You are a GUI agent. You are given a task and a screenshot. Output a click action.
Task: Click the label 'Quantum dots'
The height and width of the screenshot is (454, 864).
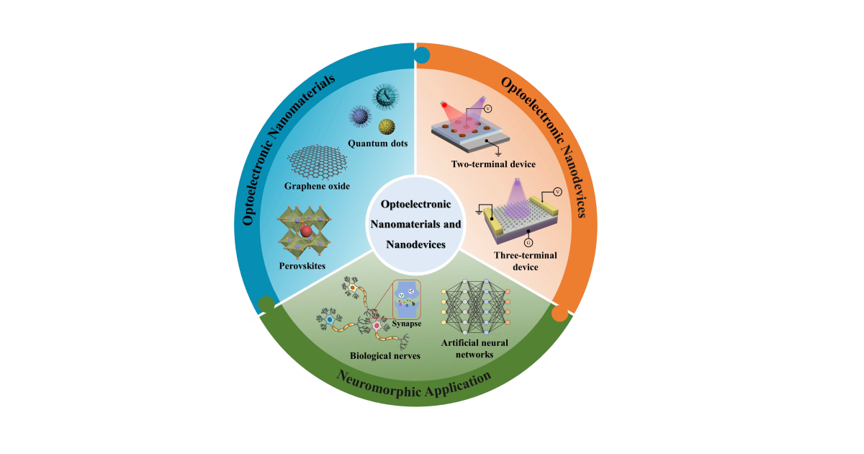378,143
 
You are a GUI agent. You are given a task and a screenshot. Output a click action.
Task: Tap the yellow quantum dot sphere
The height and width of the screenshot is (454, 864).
387,127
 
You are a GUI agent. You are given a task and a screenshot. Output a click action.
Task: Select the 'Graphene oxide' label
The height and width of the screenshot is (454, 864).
318,186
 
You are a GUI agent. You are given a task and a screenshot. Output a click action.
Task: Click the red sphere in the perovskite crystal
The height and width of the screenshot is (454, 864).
306,231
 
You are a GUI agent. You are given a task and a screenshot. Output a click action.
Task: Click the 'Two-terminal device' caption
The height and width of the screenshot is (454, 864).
493,164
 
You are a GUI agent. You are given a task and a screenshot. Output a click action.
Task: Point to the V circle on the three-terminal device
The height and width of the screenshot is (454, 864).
557,192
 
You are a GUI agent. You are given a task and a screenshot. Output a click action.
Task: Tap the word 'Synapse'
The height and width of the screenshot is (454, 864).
407,324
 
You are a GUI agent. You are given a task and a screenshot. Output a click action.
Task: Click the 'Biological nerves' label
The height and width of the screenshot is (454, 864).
384,355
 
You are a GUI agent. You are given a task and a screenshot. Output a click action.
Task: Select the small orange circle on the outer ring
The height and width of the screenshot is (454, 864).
559,313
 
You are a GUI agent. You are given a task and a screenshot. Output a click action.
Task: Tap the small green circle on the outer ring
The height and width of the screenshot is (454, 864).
266,304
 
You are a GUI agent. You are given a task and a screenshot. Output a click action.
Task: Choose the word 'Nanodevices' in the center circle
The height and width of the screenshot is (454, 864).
415,244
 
